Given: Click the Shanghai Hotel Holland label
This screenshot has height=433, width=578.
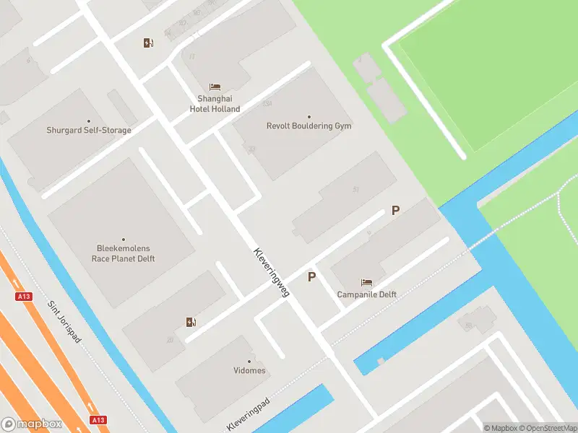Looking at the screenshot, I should pyautogui.click(x=215, y=104).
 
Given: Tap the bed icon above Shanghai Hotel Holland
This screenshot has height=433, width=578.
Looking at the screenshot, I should pyautogui.click(x=215, y=87).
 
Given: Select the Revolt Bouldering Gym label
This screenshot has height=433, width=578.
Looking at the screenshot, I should pyautogui.click(x=309, y=126).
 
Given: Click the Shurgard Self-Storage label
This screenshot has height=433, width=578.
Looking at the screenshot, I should pyautogui.click(x=89, y=131).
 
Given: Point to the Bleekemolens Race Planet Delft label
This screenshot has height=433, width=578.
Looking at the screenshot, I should pyautogui.click(x=123, y=253).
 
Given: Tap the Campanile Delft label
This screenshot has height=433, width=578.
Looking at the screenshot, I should pyautogui.click(x=366, y=294).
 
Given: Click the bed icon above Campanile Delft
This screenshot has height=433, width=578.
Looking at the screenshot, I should pyautogui.click(x=366, y=282).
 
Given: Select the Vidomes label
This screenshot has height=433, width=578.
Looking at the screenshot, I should pyautogui.click(x=249, y=371).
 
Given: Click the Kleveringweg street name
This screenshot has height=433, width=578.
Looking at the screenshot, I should pyautogui.click(x=272, y=272).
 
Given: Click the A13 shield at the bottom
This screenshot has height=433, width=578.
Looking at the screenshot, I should pyautogui.click(x=99, y=420).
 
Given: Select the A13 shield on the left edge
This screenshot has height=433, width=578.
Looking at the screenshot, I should pyautogui.click(x=23, y=297).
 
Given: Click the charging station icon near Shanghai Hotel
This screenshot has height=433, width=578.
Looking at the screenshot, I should pyautogui.click(x=148, y=43).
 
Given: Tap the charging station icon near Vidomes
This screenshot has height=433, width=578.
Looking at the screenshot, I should pyautogui.click(x=191, y=322).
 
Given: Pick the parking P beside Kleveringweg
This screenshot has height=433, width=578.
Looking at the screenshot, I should pyautogui.click(x=311, y=276).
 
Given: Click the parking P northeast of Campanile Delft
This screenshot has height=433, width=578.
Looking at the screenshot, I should pyautogui.click(x=395, y=211).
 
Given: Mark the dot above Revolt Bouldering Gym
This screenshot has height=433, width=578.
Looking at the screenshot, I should pyautogui.click(x=309, y=117).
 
